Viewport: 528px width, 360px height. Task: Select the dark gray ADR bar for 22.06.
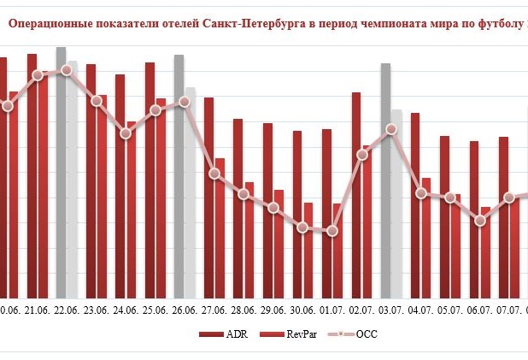(x=61, y=171)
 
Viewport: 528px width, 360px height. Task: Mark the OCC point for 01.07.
(x=332, y=231)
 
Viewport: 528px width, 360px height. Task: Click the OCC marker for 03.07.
(x=391, y=129)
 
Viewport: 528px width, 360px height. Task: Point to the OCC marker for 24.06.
(x=126, y=133)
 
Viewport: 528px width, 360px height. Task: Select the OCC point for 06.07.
(x=480, y=221)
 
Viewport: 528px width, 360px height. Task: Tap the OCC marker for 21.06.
(x=38, y=75)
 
